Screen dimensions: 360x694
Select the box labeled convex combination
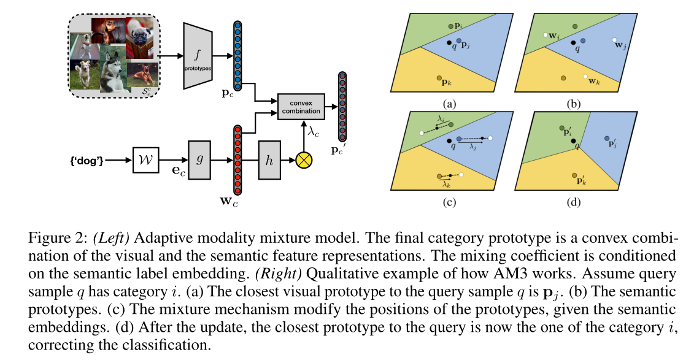[x=301, y=107]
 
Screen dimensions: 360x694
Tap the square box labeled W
[x=145, y=160]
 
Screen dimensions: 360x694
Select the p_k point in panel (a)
[x=441, y=79]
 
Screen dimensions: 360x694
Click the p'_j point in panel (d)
[x=606, y=139]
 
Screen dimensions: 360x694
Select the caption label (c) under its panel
[x=450, y=201]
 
